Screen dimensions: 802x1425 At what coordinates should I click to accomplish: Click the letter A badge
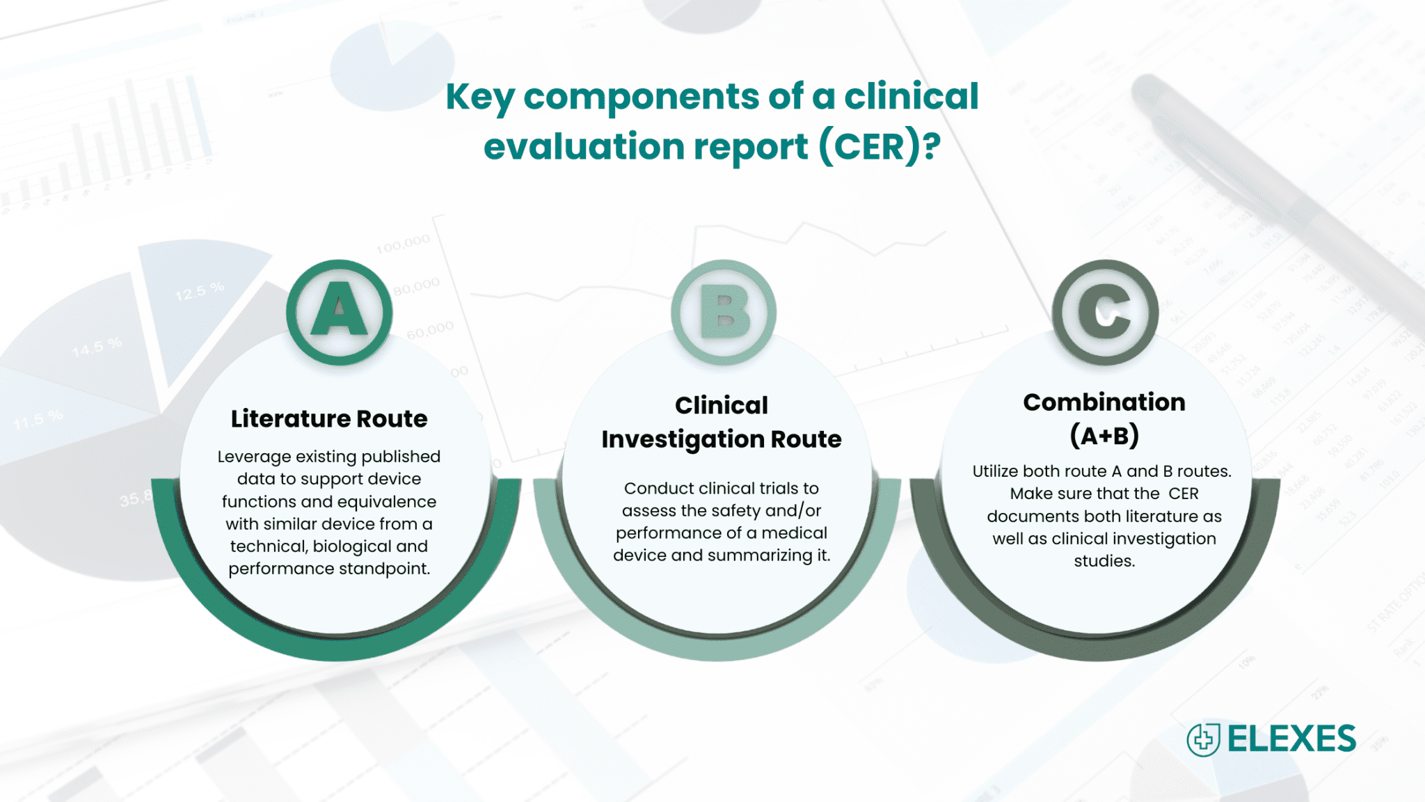click(339, 313)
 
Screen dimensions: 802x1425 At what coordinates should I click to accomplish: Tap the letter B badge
click(723, 313)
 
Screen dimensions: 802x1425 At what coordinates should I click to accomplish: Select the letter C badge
click(1105, 313)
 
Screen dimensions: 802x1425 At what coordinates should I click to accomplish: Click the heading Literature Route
click(329, 419)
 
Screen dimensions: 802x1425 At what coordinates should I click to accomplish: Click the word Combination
click(1104, 402)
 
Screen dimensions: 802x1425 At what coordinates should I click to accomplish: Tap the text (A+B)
click(1104, 436)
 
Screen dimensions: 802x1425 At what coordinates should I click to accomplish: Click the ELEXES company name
click(1291, 739)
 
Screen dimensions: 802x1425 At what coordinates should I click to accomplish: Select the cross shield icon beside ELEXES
click(1204, 739)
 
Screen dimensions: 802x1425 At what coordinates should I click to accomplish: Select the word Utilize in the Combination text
click(995, 471)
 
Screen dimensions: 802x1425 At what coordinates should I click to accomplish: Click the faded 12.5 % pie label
click(200, 291)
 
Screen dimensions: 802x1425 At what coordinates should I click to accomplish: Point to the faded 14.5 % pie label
click(97, 347)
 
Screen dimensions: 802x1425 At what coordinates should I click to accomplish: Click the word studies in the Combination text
click(1104, 561)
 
